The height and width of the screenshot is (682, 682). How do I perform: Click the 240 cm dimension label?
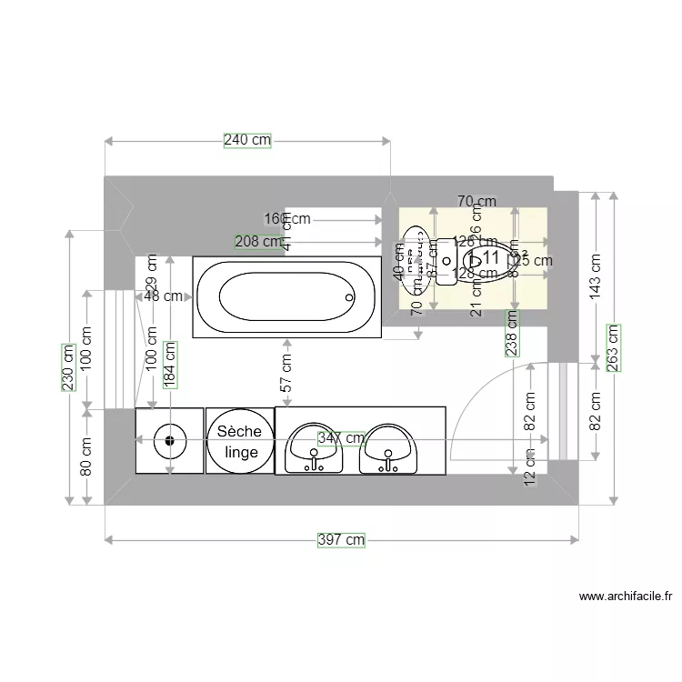(247, 140)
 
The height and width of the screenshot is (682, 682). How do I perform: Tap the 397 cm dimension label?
(341, 539)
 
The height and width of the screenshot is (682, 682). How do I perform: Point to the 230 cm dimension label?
(68, 366)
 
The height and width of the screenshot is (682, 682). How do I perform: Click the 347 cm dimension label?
(341, 438)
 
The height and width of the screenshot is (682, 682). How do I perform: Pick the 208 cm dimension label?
(258, 241)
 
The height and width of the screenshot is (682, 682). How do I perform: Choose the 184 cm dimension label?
(170, 364)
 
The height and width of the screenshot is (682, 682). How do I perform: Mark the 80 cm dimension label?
(86, 457)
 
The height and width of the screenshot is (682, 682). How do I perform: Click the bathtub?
(285, 296)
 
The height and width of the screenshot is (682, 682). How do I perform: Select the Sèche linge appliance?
(239, 441)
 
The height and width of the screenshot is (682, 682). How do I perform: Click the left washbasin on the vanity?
(315, 447)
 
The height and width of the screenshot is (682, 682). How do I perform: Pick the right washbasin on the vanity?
(388, 447)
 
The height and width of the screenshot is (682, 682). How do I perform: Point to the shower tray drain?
(169, 441)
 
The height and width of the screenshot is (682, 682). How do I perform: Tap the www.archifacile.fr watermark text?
(626, 597)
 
